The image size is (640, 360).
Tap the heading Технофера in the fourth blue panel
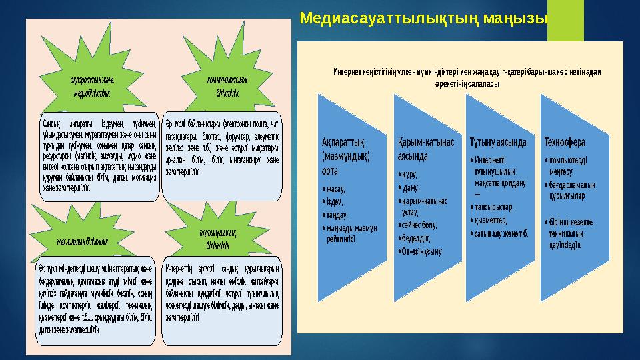[565, 142]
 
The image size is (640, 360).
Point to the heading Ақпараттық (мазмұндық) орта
[346, 156]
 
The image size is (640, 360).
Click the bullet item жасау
[337, 189]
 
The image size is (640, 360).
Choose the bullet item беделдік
[415, 237]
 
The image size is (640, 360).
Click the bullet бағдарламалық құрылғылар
[571, 189]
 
